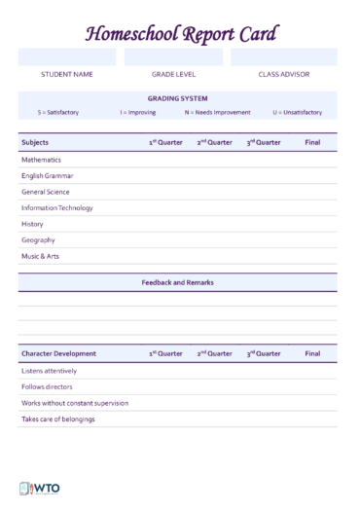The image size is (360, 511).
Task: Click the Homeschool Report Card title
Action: pos(181,34)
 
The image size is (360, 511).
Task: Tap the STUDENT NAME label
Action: pos(67,74)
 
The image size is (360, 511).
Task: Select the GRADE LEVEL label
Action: pos(173,74)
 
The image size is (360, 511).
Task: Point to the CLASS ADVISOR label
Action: pos(283,74)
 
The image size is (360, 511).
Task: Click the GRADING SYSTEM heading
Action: pos(177,98)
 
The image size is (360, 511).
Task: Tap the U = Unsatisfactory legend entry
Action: pos(297,112)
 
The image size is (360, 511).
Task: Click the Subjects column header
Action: pos(35,142)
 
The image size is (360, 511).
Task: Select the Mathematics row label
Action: pos(41,160)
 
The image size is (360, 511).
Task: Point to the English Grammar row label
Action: pos(48,176)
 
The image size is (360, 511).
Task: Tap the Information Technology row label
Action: pos(57,208)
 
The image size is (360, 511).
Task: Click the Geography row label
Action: pos(38,240)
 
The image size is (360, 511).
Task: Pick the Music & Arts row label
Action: pos(41,257)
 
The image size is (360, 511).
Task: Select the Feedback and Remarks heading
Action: pos(177,282)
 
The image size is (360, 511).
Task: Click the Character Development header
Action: pos(58,353)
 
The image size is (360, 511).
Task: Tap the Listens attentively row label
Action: pos(49,371)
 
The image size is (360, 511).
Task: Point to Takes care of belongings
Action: pos(58,419)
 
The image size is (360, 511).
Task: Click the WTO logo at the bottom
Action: pos(39,489)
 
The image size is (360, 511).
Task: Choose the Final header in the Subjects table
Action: pos(312,142)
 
